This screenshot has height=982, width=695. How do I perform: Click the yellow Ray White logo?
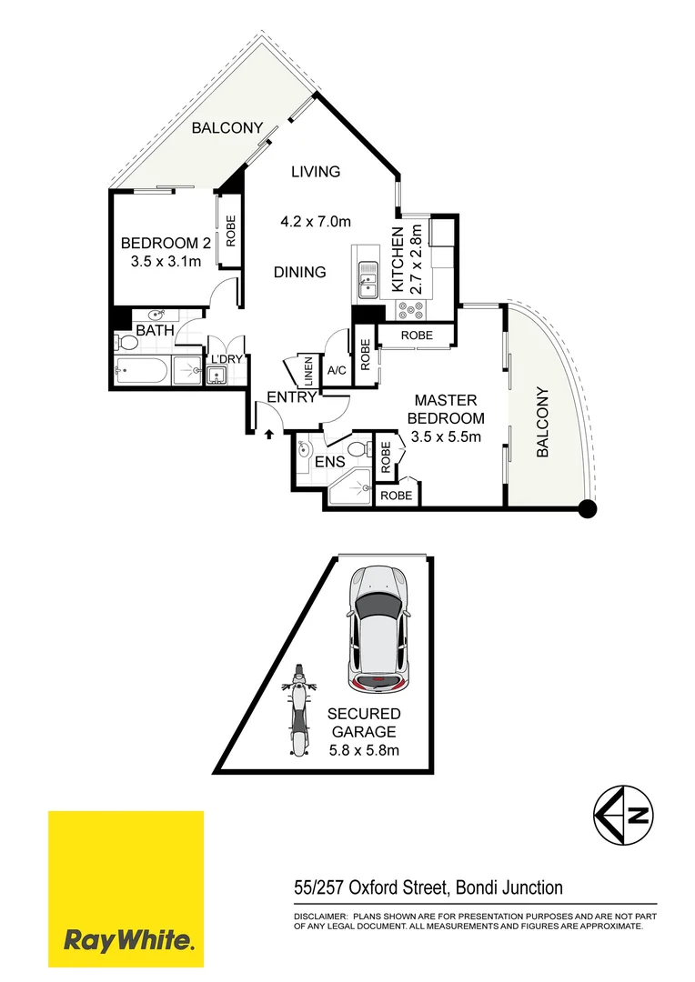tap(126, 889)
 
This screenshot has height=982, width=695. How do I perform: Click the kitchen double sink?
tap(368, 280)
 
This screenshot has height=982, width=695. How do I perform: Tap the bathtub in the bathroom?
tap(141, 371)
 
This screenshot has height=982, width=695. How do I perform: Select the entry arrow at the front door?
tap(269, 435)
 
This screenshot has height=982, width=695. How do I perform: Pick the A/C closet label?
tap(336, 370)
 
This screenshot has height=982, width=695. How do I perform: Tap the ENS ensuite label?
tap(329, 462)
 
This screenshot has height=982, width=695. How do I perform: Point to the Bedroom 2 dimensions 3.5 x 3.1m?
tap(160, 263)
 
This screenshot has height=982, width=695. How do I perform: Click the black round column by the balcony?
tap(588, 509)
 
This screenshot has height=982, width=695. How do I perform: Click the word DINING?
tap(300, 272)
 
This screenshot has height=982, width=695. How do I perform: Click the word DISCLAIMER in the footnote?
tap(320, 917)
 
